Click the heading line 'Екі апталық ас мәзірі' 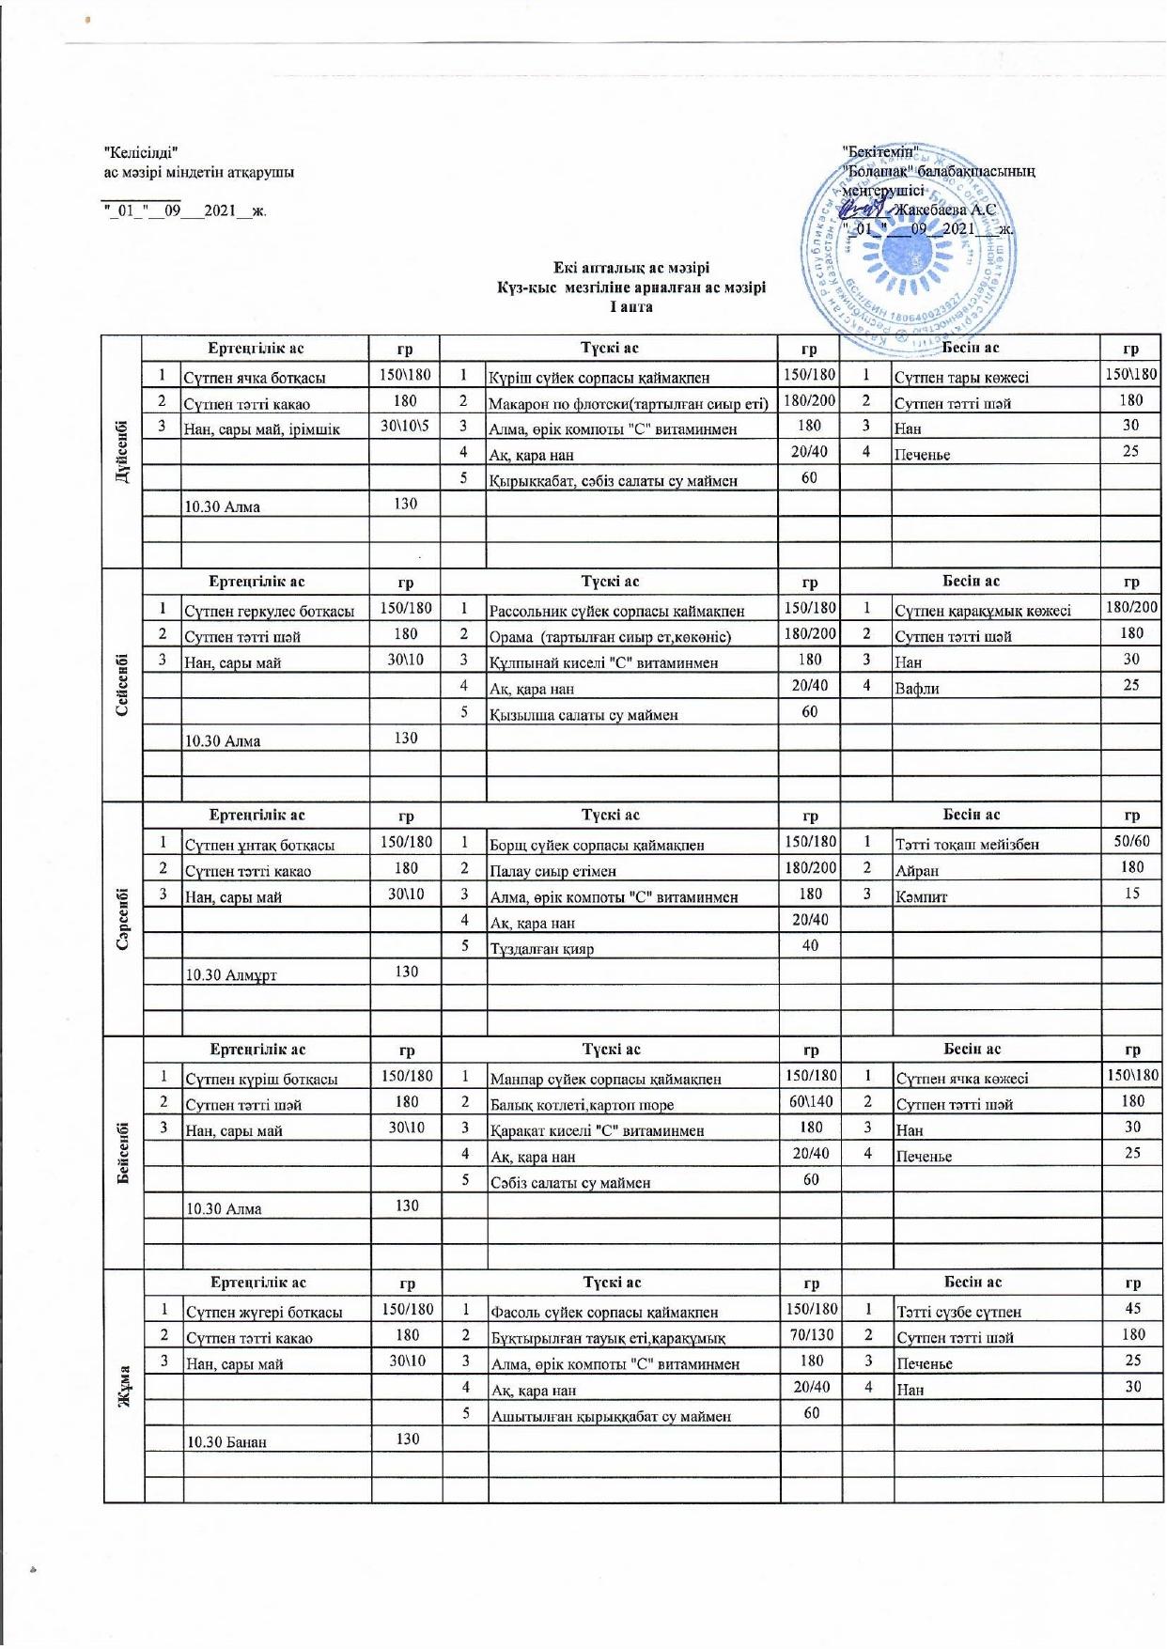tap(630, 268)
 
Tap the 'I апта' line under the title tap(630, 307)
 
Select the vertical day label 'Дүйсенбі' tap(122, 451)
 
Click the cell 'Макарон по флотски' tap(628, 403)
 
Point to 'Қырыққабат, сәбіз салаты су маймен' tap(613, 481)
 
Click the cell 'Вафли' tap(917, 689)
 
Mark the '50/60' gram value tap(1131, 842)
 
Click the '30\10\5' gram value tap(405, 427)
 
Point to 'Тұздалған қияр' tap(541, 949)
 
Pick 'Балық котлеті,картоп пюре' tap(582, 1105)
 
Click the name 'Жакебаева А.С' tap(945, 210)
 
